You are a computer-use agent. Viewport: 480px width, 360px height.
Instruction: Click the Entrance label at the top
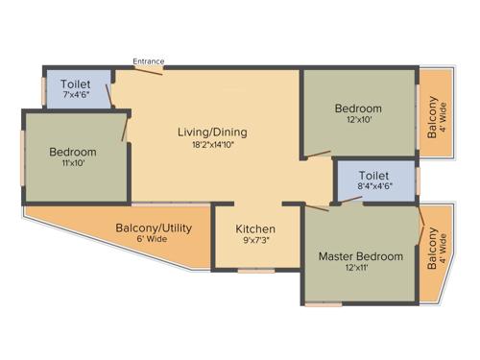[148, 61]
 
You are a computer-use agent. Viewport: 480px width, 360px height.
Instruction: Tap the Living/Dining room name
[214, 132]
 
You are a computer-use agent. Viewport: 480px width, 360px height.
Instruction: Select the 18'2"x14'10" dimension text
[214, 145]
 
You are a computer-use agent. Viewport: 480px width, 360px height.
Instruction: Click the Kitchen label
[255, 228]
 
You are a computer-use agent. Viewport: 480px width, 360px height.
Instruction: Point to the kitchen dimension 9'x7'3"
[255, 241]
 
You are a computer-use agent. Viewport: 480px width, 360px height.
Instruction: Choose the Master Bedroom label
[362, 256]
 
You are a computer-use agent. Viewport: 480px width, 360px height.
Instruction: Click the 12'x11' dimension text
[362, 269]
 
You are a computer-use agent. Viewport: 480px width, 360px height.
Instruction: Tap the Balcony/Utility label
[155, 228]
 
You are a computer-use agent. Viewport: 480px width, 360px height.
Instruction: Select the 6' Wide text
[155, 239]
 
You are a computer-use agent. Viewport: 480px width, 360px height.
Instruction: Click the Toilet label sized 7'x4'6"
[76, 84]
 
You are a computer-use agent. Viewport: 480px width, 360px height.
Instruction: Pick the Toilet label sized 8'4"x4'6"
[373, 177]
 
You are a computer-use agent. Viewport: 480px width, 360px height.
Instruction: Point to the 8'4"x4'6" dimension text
[373, 188]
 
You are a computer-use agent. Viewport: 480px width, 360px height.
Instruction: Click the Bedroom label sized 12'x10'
[359, 108]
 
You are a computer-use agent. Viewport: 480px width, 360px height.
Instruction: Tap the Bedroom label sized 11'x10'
[73, 153]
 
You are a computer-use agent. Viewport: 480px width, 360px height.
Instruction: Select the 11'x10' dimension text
[73, 164]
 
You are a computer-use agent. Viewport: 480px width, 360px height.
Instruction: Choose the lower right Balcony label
[433, 248]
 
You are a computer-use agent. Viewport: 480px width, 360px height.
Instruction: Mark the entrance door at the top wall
[148, 69]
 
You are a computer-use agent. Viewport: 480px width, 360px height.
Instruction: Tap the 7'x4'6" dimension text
[76, 95]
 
